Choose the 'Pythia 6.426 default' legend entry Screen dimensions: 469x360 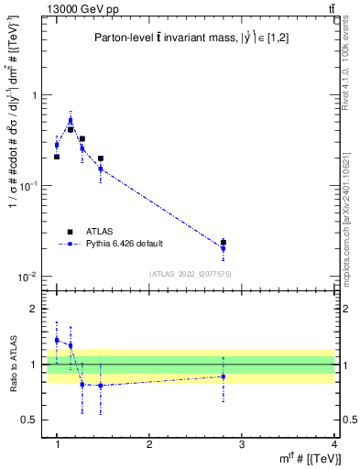click(x=119, y=245)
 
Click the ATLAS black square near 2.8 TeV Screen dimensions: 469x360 click(x=224, y=243)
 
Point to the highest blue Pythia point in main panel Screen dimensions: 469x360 click(x=71, y=120)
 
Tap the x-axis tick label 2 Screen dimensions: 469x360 click(x=149, y=445)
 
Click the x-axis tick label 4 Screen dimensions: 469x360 click(x=333, y=445)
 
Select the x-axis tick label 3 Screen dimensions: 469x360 click(x=242, y=445)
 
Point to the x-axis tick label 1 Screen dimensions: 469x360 click(x=57, y=445)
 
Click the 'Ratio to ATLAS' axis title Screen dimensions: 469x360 click(x=12, y=364)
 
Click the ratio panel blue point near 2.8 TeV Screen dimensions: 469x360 click(x=224, y=376)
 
